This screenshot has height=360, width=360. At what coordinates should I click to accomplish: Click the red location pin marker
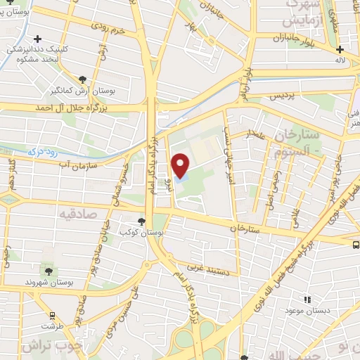click(180, 165)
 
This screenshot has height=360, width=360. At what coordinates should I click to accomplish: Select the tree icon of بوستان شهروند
click(49, 271)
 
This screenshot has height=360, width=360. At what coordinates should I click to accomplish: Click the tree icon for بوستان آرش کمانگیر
click(83, 79)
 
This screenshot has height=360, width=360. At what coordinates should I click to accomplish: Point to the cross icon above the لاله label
click(340, 49)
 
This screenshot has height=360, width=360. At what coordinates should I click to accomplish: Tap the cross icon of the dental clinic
click(37, 39)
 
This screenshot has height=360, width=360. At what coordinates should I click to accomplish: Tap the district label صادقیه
click(77, 213)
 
